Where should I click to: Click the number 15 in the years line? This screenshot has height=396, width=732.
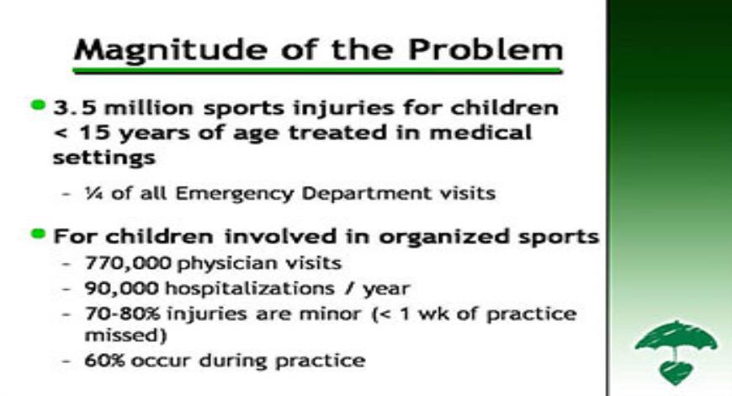85,133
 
